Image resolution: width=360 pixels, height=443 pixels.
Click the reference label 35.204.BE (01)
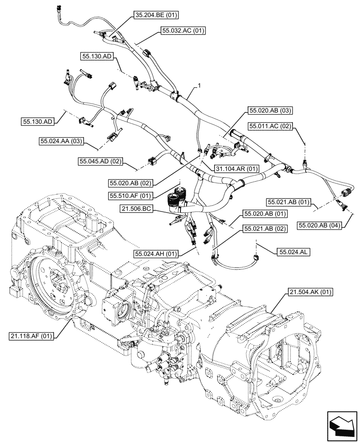(155, 16)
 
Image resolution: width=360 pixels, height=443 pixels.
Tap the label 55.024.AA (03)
(61, 141)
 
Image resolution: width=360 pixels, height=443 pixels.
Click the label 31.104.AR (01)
(236, 169)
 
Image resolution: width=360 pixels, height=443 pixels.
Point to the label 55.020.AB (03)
(270, 110)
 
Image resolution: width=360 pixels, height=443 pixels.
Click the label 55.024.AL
(294, 252)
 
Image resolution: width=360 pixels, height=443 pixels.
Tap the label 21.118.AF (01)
(31, 336)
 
